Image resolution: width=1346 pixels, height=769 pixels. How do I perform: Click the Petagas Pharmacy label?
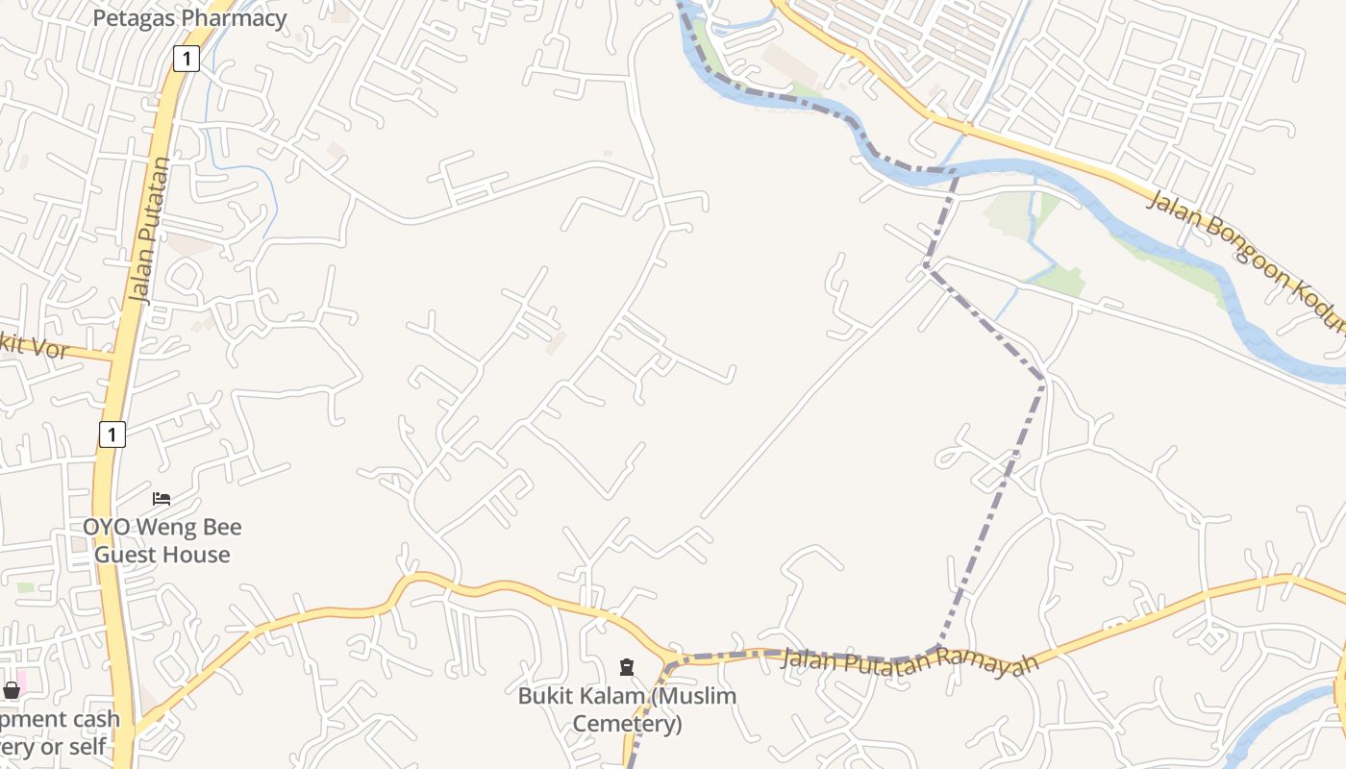coord(189,18)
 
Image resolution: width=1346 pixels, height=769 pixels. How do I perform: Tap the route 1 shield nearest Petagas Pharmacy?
coord(186,59)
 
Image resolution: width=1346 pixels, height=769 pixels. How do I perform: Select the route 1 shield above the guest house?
coord(112,434)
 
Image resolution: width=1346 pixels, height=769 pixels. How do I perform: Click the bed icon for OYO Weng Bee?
coord(162,499)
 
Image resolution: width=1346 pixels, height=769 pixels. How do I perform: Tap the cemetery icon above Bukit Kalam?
coord(627,666)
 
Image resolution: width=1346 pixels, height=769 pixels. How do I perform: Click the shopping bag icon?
coord(12,690)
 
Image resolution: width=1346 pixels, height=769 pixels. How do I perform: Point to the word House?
coord(200,555)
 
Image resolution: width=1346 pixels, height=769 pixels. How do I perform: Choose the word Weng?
coord(158,527)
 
